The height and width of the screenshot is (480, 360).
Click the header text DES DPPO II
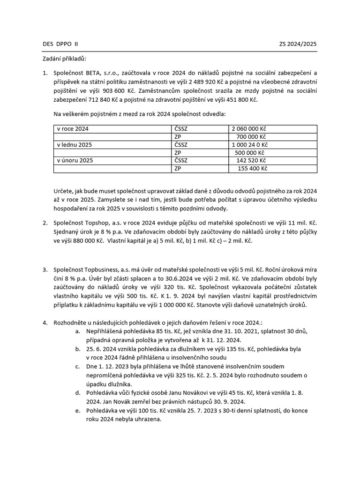pyautogui.click(x=60, y=44)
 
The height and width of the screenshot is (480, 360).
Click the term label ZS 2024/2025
pyautogui.click(x=298, y=44)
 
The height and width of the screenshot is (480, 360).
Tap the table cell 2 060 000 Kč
pyautogui.click(x=250, y=129)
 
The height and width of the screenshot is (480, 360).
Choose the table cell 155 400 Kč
pyautogui.click(x=252, y=169)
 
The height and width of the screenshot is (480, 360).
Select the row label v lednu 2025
pyautogui.click(x=74, y=145)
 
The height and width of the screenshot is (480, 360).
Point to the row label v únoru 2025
pyautogui.click(x=75, y=161)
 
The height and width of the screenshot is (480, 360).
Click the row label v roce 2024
pyautogui.click(x=72, y=129)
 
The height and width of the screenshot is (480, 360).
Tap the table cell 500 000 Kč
pyautogui.click(x=250, y=153)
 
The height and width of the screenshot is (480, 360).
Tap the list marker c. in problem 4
pyautogui.click(x=77, y=366)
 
